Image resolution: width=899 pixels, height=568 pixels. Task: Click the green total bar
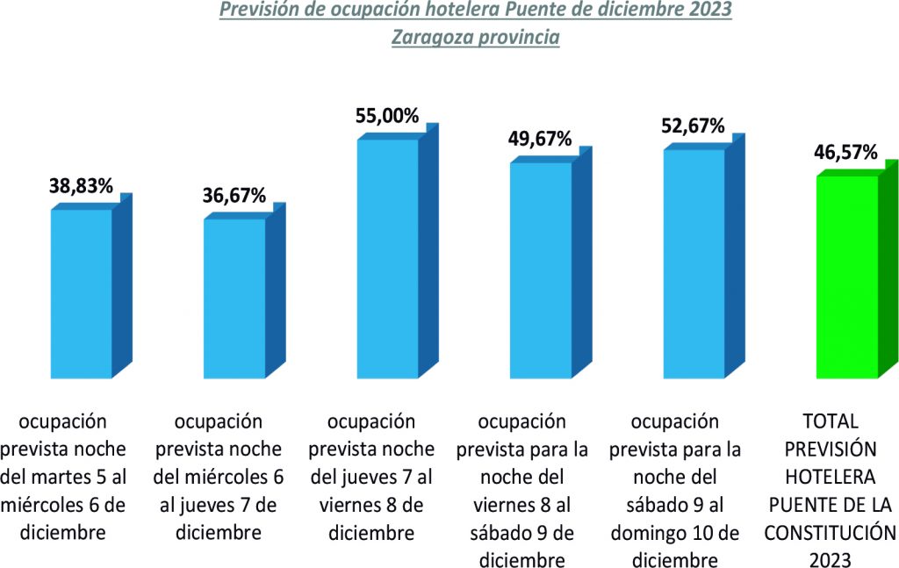point(846,277)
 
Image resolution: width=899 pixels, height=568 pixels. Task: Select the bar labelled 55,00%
point(387,258)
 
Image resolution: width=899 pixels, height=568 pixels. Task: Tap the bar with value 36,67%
point(234,298)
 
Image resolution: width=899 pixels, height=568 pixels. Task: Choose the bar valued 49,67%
point(540,270)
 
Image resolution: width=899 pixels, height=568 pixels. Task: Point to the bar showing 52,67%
point(693,263)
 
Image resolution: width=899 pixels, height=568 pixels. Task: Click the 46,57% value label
point(846,153)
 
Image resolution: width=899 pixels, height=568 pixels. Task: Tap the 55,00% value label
point(387,116)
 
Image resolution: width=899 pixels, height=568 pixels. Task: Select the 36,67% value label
point(234,196)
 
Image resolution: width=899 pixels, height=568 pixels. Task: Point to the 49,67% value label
point(540,139)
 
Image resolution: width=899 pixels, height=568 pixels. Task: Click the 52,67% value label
point(693,126)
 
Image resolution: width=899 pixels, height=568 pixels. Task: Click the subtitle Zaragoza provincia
point(475,38)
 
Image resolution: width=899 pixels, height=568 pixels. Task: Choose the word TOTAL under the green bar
point(831,421)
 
